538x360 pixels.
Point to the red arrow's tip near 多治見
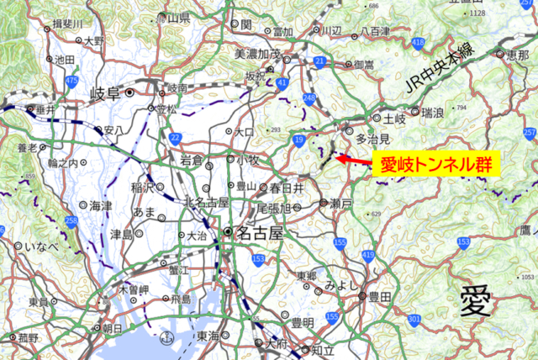pyautogui.click(x=336, y=156)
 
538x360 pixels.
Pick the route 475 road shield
pyautogui.click(x=72, y=82)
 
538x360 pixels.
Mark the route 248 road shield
pyautogui.click(x=309, y=100)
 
